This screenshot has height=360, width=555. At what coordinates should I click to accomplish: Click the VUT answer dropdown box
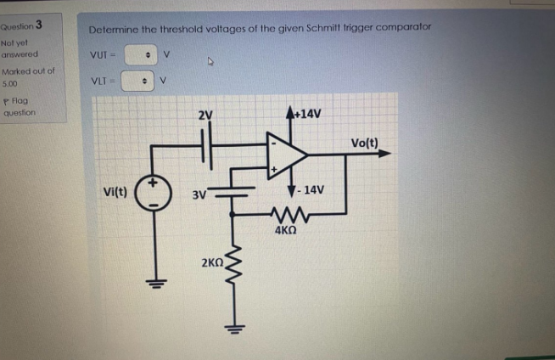[x=142, y=55]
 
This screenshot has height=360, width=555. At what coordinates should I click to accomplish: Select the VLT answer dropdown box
[x=137, y=82]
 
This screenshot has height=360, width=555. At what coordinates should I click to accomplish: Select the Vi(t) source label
[x=114, y=192]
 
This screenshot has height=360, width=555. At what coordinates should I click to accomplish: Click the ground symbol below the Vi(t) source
[x=155, y=284]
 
